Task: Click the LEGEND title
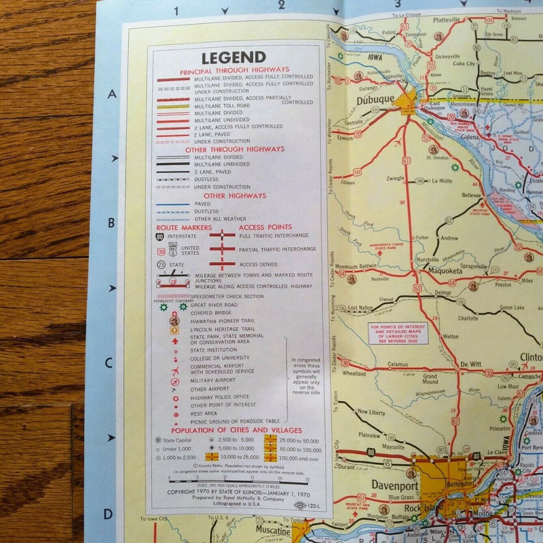tap(233, 58)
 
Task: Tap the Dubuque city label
tap(375, 100)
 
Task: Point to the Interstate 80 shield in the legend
tap(161, 237)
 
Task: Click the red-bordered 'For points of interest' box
tap(398, 333)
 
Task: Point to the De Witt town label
tap(470, 364)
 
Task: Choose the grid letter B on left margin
tap(111, 221)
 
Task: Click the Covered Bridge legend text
tap(211, 313)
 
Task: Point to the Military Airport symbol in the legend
tap(176, 380)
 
